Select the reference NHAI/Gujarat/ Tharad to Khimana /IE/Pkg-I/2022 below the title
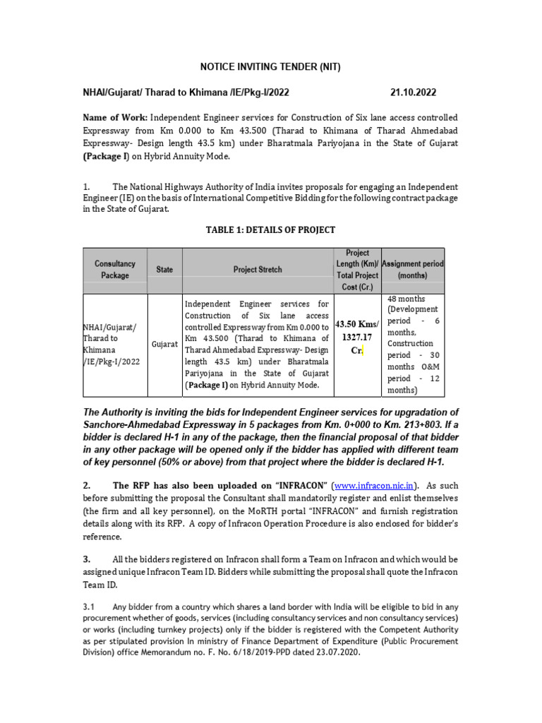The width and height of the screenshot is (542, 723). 186,92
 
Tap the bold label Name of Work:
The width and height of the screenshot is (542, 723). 115,117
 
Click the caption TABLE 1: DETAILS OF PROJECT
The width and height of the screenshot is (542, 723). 270,229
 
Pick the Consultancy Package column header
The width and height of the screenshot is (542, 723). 115,270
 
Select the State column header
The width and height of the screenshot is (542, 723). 164,270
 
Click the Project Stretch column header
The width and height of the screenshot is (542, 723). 258,270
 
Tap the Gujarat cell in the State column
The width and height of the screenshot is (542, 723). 164,344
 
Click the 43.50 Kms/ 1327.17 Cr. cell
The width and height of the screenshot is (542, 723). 357,337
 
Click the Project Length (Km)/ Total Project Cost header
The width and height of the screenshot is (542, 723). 357,270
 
